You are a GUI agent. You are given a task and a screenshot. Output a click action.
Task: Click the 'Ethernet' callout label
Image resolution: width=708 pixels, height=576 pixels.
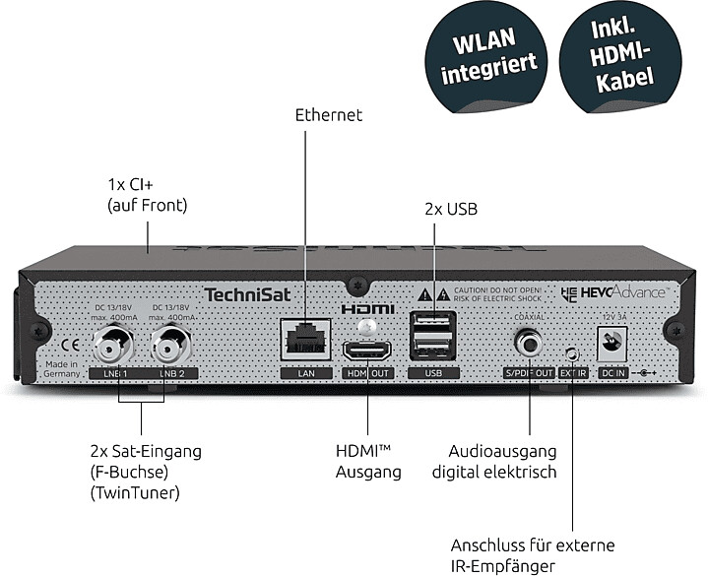(x=329, y=115)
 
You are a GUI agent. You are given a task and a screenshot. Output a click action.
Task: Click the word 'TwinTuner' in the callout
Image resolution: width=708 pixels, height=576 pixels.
(x=144, y=493)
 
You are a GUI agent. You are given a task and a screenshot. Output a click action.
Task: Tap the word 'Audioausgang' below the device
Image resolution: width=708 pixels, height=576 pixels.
(x=502, y=451)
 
